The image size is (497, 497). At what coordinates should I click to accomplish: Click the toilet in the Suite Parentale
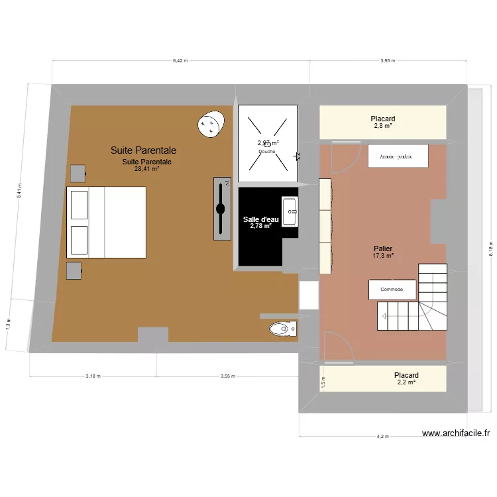click(282, 328)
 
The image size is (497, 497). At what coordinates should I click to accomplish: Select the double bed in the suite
click(106, 222)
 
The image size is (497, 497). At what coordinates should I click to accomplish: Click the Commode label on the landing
click(392, 290)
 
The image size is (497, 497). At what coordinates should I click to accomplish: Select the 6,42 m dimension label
click(180, 60)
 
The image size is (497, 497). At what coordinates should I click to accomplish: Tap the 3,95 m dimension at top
click(388, 60)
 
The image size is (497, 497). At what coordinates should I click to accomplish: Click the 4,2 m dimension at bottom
click(382, 437)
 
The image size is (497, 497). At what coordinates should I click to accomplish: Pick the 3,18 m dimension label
click(93, 376)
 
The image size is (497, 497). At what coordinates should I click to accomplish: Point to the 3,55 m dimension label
click(227, 376)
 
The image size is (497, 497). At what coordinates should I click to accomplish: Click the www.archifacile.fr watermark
click(456, 433)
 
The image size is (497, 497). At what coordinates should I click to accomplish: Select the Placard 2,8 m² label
click(382, 122)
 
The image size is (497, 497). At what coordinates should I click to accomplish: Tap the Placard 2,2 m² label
click(406, 378)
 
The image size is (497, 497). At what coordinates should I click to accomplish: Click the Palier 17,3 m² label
click(383, 251)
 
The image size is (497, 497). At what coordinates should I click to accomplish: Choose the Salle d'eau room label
click(261, 223)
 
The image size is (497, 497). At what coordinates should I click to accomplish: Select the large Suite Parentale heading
click(143, 151)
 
